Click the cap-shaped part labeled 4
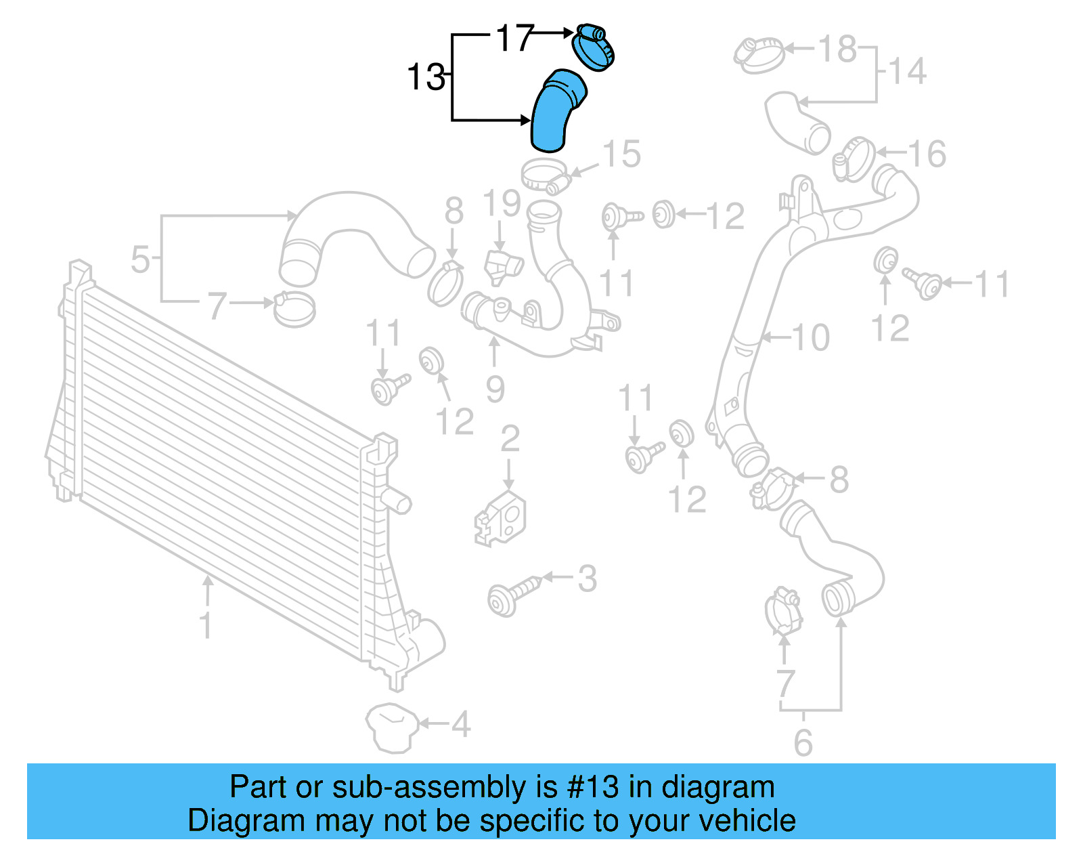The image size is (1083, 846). pyautogui.click(x=391, y=727)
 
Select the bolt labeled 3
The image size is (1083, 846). pyautogui.click(x=512, y=595)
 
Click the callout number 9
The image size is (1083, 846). pyautogui.click(x=495, y=389)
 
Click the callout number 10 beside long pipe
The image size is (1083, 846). pyautogui.click(x=810, y=337)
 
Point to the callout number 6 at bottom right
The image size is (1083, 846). pyautogui.click(x=803, y=742)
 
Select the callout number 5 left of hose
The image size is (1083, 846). pyautogui.click(x=140, y=259)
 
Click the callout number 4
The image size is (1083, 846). pyautogui.click(x=461, y=724)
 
